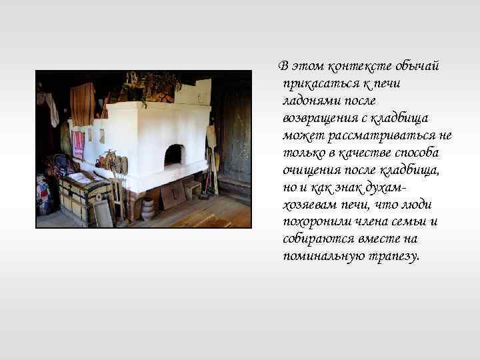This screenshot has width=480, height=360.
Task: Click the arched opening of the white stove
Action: pyautogui.click(x=173, y=155)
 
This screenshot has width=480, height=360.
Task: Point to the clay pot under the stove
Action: pyautogui.click(x=148, y=209)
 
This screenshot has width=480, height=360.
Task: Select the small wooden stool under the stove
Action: pyautogui.click(x=191, y=189)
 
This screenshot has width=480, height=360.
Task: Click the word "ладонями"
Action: pyautogui.click(x=309, y=101)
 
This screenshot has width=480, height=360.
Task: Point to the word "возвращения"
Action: pyautogui.click(x=321, y=118)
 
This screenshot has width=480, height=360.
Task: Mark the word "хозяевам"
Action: pyautogui.click(x=309, y=205)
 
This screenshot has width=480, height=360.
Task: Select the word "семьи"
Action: pyautogui.click(x=409, y=222)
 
